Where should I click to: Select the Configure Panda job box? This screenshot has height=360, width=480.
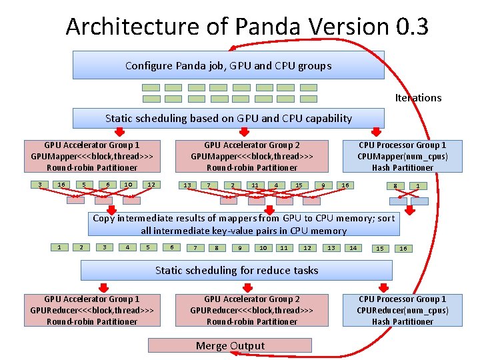229,65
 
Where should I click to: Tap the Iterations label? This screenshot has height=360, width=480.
418,98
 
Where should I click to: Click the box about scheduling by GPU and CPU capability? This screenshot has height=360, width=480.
229,119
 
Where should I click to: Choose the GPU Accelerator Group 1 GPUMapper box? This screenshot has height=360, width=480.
92,156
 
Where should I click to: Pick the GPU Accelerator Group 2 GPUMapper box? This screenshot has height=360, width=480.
252,156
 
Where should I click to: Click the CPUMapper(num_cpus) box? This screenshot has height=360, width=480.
403,156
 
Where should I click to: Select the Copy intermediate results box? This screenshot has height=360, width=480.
243,224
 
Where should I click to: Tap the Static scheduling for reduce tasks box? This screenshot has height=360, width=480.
237,270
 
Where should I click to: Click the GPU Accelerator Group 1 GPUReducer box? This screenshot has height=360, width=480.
92,310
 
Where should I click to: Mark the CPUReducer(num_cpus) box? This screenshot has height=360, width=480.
403,310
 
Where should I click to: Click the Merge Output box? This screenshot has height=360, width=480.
230,345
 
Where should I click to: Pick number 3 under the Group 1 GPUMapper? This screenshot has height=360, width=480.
40,185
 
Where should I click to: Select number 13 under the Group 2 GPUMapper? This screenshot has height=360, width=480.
187,185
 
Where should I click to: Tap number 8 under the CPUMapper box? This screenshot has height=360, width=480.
395,186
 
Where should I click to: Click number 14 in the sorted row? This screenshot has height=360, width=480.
353,248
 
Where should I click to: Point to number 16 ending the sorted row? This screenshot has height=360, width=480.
403,249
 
